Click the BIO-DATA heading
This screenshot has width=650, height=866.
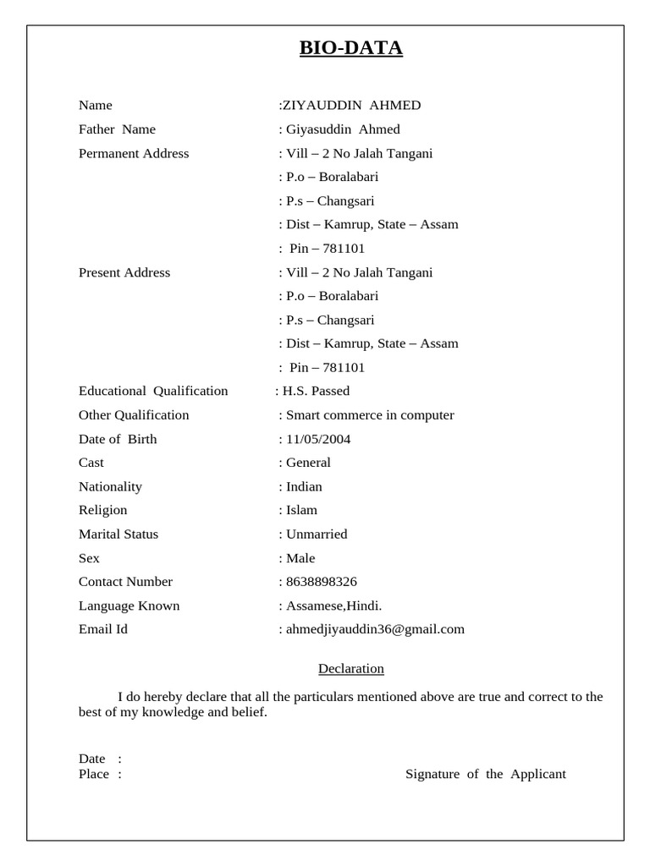[x=350, y=48]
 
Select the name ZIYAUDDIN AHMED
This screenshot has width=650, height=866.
[x=351, y=106]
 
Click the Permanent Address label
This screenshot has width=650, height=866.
[x=134, y=153]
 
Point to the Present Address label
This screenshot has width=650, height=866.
[x=124, y=272]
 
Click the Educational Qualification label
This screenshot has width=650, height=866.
[x=153, y=391]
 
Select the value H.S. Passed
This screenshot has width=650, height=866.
[x=316, y=391]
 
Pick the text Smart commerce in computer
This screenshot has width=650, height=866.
[x=370, y=415]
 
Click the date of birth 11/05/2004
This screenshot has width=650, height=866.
[x=318, y=439]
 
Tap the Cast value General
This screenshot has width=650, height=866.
[x=308, y=463]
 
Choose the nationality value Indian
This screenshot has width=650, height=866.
[x=304, y=486]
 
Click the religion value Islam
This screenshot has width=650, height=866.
[x=301, y=510]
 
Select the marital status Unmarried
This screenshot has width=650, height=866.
[x=317, y=534]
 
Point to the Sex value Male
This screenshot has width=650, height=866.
[x=300, y=558]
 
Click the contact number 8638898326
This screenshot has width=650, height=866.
[x=322, y=582]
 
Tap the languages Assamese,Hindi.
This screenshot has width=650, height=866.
[x=334, y=606]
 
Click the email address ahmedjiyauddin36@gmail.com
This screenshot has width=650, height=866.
[x=375, y=629]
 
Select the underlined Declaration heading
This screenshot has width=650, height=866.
[x=351, y=669]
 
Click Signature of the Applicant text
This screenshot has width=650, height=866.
[x=486, y=774]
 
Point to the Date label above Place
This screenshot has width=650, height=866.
[x=92, y=759]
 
